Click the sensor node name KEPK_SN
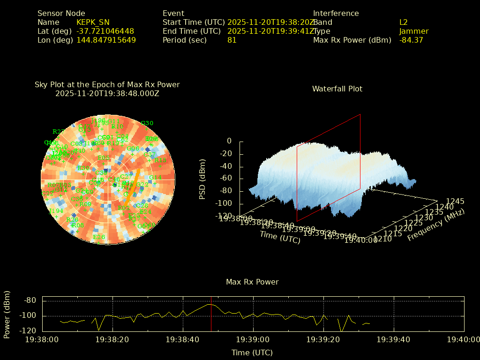coord(93,22)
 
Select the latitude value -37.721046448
coord(105,31)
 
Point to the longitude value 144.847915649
coord(106,40)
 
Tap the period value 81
coord(232,40)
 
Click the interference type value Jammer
coord(414,31)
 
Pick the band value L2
coord(404,22)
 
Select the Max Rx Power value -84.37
coord(411,40)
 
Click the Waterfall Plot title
coord(337,89)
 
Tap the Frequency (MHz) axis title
coord(435,225)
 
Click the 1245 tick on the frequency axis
coord(455,202)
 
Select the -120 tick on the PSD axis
coord(224,216)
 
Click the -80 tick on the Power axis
coord(31,300)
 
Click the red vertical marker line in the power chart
coord(211,314)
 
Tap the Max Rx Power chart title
coord(252,282)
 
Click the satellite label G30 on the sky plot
coord(147,123)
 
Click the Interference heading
coord(336,13)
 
